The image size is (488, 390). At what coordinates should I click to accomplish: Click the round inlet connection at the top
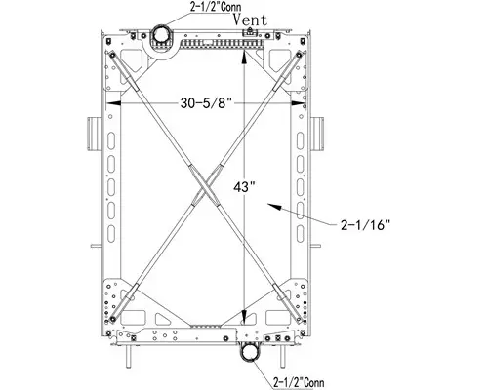(158, 37)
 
